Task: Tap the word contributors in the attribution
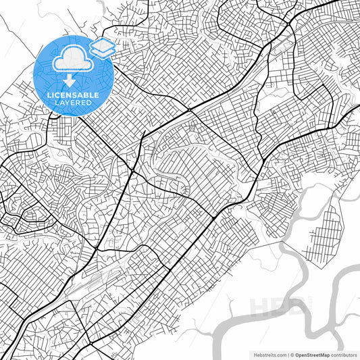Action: coord(343,354)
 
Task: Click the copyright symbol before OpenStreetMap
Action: coord(291,354)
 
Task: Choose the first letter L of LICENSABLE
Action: coord(48,95)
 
